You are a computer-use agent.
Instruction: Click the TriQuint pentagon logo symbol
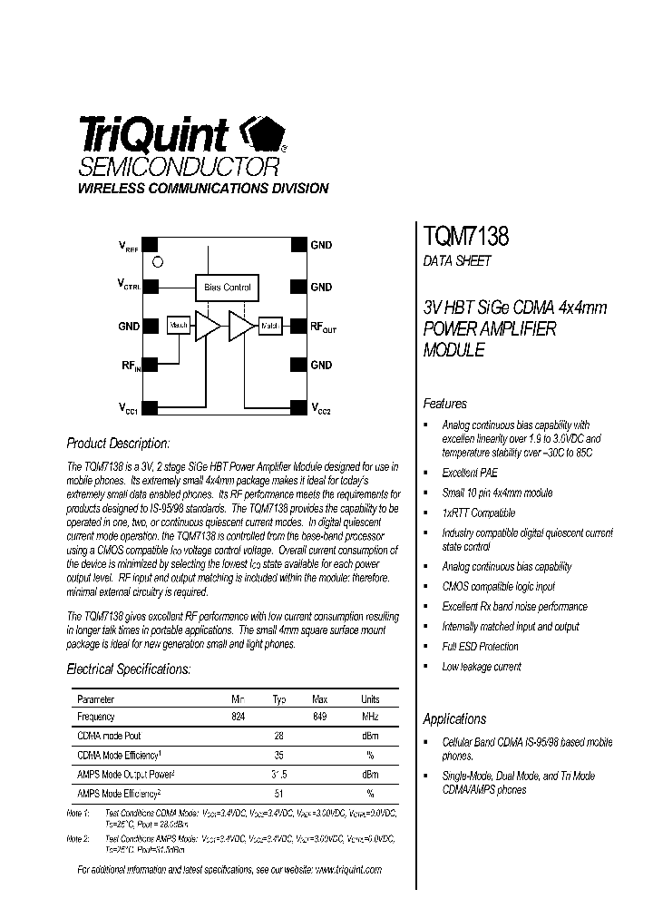click(x=262, y=137)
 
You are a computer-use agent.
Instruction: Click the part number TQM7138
click(x=466, y=237)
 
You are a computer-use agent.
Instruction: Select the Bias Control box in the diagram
click(x=228, y=288)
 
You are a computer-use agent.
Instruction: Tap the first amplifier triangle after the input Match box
click(x=208, y=326)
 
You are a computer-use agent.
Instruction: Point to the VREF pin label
click(x=128, y=246)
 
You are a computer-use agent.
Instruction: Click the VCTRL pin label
click(x=128, y=285)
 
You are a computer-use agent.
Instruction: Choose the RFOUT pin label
click(x=323, y=327)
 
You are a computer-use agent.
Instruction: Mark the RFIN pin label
click(x=131, y=366)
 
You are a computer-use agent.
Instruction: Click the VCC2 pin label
click(x=321, y=407)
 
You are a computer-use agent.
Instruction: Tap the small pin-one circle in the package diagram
click(x=158, y=262)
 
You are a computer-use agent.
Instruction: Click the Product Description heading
click(x=118, y=444)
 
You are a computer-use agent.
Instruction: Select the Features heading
click(x=445, y=404)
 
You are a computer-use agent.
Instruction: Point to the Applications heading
click(x=454, y=718)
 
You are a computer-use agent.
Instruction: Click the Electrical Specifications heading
click(x=129, y=669)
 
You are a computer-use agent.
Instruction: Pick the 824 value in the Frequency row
click(x=239, y=717)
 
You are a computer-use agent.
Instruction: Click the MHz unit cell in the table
click(x=370, y=717)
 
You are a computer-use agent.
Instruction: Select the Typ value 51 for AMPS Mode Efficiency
click(x=279, y=793)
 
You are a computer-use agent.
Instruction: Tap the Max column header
click(x=319, y=699)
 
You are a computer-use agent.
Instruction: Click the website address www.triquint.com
click(x=349, y=869)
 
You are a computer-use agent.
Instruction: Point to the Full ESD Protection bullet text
click(x=480, y=647)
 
